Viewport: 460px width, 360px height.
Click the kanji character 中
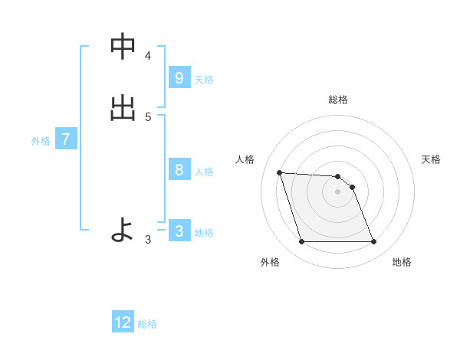(123, 47)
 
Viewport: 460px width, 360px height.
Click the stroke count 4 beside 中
(148, 56)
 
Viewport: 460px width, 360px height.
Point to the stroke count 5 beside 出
(148, 117)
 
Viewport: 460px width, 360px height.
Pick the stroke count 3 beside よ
(148, 240)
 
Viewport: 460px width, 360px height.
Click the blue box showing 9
(179, 78)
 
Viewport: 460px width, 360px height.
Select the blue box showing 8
(179, 170)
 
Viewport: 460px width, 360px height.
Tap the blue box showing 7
(66, 139)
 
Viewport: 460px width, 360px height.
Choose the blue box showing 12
(123, 322)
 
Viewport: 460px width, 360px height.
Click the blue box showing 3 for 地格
(179, 231)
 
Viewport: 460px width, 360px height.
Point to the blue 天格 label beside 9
(204, 80)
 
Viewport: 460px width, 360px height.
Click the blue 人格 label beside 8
(204, 172)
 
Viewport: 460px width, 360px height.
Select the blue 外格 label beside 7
(41, 141)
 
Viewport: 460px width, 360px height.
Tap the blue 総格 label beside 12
(148, 324)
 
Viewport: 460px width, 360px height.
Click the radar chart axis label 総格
(338, 100)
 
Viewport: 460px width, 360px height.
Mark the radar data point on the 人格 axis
(279, 172)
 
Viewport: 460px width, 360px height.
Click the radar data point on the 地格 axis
(374, 242)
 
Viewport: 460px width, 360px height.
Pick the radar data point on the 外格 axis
(301, 242)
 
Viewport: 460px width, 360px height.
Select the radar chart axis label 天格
(432, 159)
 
